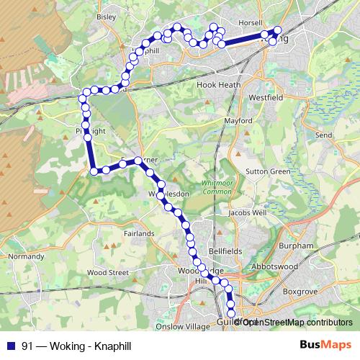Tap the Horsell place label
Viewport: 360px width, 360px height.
click(x=251, y=22)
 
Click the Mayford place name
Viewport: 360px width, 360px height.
click(x=238, y=121)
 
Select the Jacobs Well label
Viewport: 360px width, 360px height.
click(x=247, y=213)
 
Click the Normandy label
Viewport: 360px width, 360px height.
click(x=26, y=256)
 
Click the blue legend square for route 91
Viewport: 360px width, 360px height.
click(x=11, y=345)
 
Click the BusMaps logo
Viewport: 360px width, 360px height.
click(x=325, y=345)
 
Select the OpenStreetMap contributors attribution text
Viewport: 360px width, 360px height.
click(x=295, y=322)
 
